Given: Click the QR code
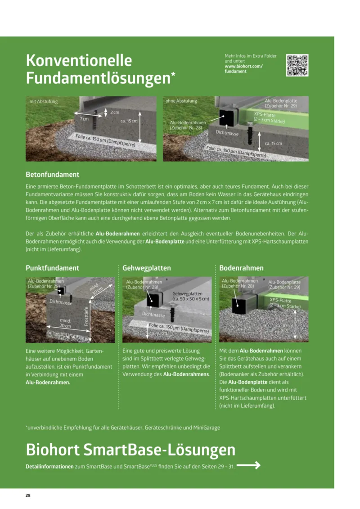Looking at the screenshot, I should [297, 65].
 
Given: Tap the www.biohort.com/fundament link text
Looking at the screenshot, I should [243, 69].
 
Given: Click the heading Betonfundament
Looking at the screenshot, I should [53, 174].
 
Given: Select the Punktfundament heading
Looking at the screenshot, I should [52, 268].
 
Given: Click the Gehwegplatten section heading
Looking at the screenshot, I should [147, 268].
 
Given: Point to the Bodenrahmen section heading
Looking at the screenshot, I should [241, 268].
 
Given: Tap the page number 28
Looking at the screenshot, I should [28, 495].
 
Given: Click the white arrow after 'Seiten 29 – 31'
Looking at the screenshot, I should [249, 466].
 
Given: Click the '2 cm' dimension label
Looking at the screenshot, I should [115, 112].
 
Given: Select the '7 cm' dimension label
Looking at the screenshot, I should [84, 119].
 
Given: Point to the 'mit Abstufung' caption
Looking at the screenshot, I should [44, 102].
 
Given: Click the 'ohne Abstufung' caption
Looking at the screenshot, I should [181, 101].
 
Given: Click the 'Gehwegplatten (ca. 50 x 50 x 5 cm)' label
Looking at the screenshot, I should [191, 296].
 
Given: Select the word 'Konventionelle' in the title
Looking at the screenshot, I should [79, 60].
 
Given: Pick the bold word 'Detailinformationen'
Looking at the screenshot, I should [49, 467].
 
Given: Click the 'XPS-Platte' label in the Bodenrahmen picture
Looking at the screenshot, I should [280, 300].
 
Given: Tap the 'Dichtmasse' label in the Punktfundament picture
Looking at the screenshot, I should [61, 302].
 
